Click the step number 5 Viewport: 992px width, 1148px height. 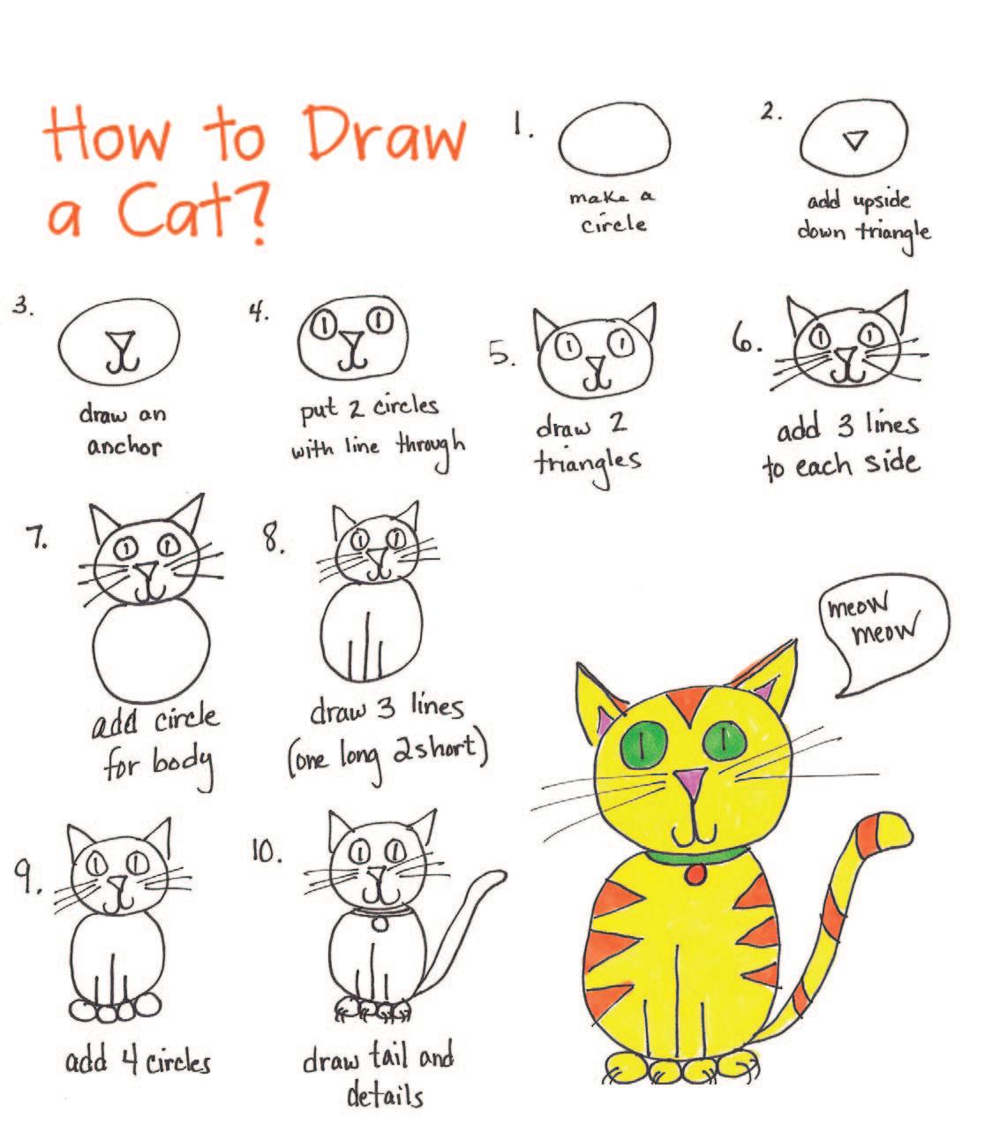pyautogui.click(x=501, y=353)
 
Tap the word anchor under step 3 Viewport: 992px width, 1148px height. pyautogui.click(x=124, y=447)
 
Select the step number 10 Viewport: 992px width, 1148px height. pyautogui.click(x=266, y=851)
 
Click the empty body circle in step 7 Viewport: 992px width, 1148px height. pyautogui.click(x=151, y=653)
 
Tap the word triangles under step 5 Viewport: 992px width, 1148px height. pyautogui.click(x=588, y=464)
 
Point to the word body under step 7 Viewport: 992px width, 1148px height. pyautogui.click(x=184, y=767)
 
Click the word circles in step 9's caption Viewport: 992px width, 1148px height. pyautogui.click(x=178, y=1063)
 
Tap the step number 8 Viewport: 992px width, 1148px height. pyautogui.click(x=274, y=540)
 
